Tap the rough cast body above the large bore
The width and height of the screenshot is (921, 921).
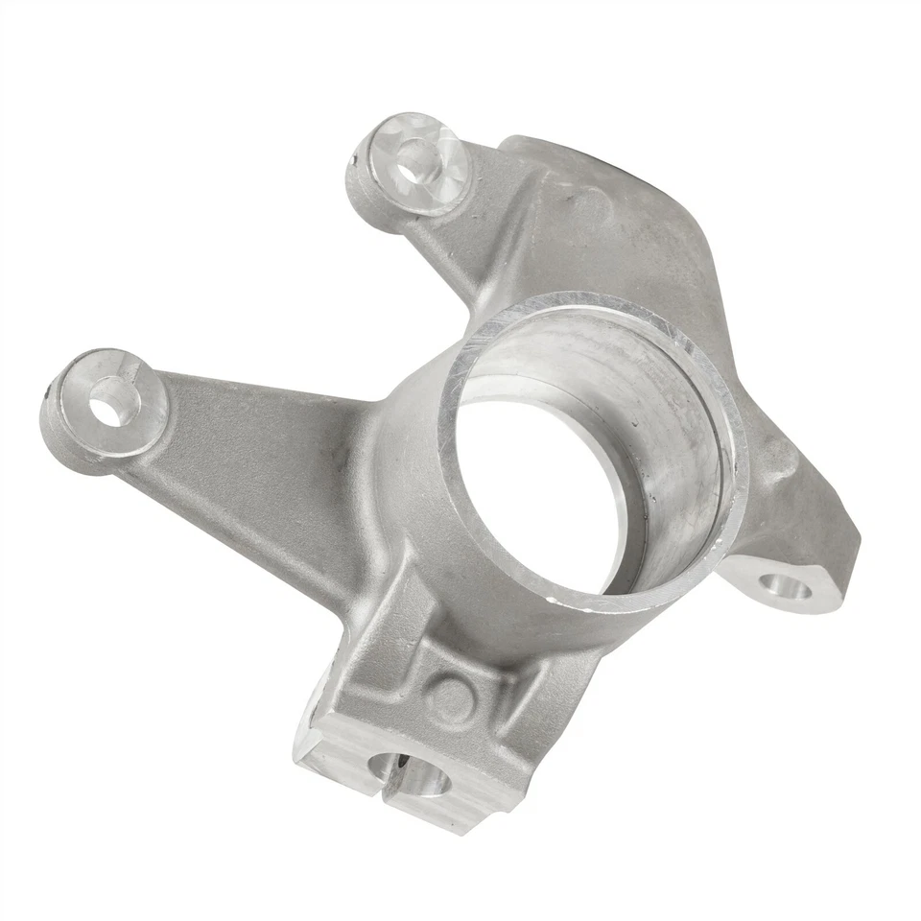coord(614,230)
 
